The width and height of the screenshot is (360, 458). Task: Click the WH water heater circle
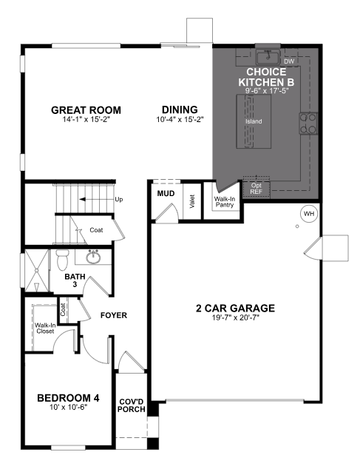point(308,215)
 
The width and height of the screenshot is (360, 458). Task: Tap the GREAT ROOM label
point(86,110)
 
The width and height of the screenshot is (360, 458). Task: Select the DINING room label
point(179,110)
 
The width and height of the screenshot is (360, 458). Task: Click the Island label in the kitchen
point(254,121)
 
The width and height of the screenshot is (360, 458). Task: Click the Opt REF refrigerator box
point(257,188)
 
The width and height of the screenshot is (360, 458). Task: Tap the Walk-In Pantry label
point(224,201)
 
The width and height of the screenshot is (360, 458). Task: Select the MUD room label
point(165,194)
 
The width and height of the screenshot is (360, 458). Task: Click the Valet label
point(191,201)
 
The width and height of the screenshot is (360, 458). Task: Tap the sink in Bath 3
point(94,258)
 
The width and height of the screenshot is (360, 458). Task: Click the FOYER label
point(113,315)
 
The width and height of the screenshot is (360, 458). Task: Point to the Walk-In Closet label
point(46,327)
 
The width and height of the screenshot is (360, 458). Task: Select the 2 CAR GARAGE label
point(236,308)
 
